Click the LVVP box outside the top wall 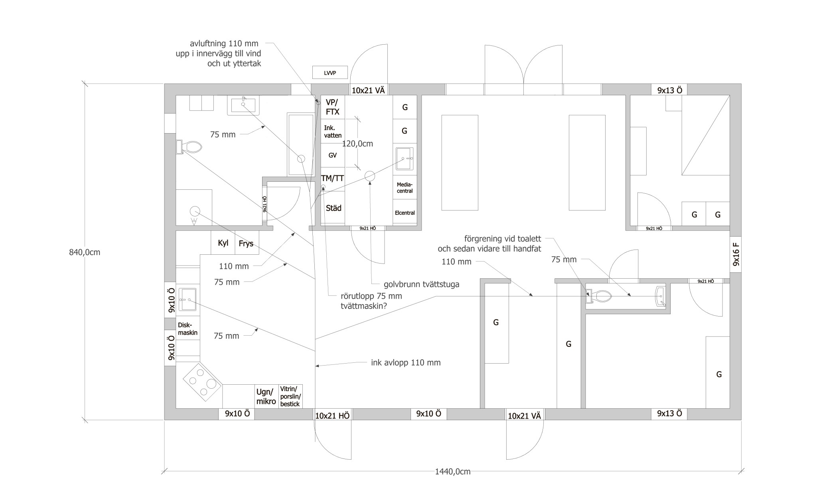pos(330,73)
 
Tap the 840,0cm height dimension pos(85,252)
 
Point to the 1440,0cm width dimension pos(453,472)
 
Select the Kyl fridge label pos(223,243)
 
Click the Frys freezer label pos(246,244)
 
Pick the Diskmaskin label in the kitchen pos(188,329)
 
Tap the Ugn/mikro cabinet pos(266,397)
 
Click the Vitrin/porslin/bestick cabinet pos(290,396)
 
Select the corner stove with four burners pos(202,382)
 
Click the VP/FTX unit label pos(333,107)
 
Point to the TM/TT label pos(332,178)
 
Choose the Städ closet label pos(334,208)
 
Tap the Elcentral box pos(405,213)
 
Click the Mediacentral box pos(405,188)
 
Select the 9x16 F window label pos(736,254)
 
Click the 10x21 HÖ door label pos(332,416)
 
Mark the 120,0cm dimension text pos(357,144)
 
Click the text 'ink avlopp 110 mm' pos(406,363)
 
